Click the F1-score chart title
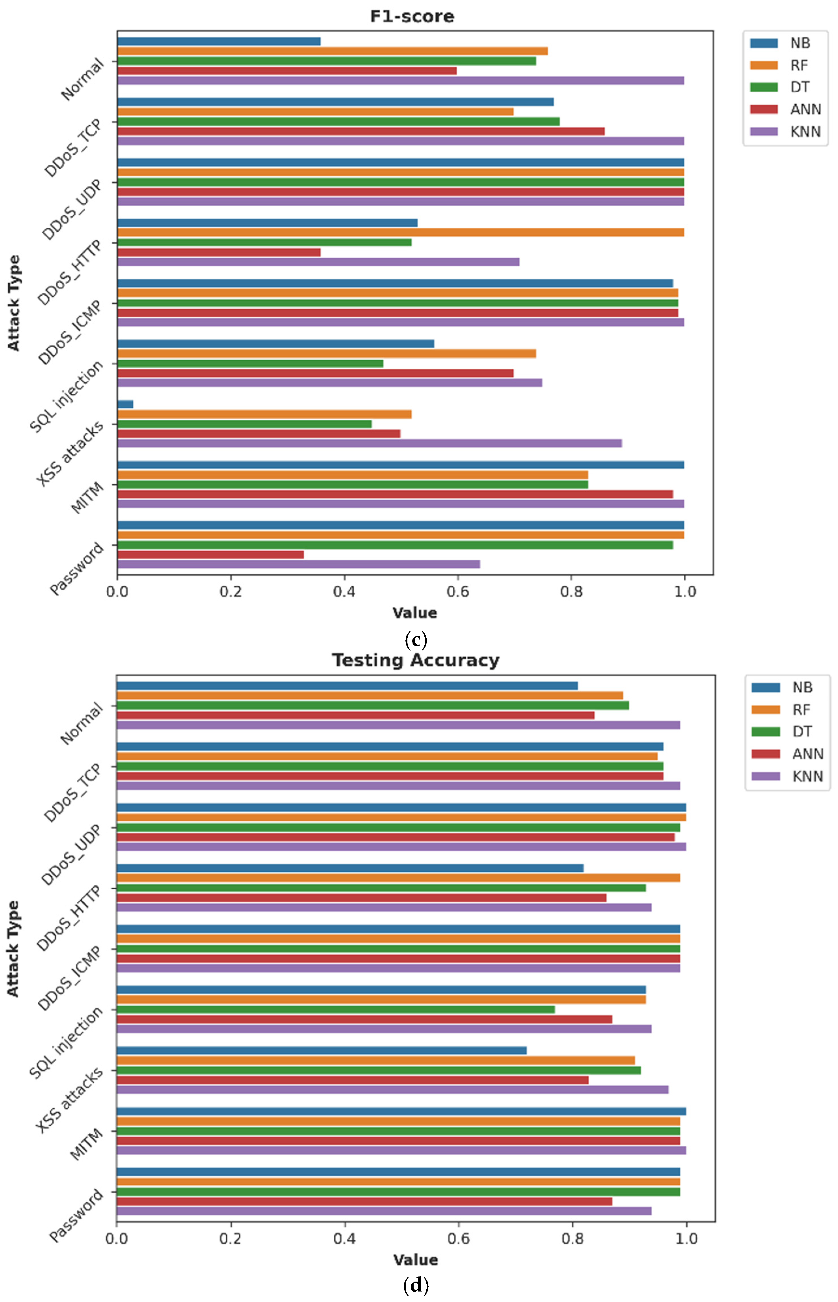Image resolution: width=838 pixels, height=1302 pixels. pos(412,16)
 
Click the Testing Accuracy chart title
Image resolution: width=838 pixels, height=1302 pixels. pos(415,660)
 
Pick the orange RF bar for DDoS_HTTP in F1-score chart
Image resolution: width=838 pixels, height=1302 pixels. pos(400,233)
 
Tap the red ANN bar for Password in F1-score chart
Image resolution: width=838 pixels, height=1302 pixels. pos(211,554)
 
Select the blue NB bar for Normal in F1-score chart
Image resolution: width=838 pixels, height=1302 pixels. pos(219,41)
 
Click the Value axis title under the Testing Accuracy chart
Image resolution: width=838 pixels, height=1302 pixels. pos(415,1260)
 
